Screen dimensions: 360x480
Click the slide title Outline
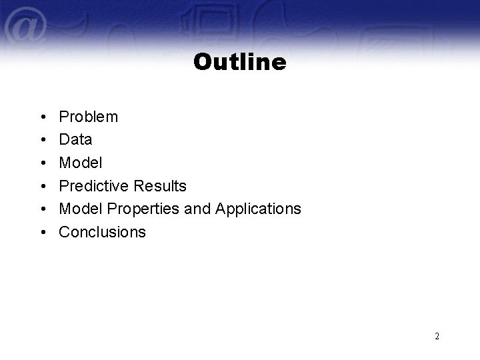pos(240,62)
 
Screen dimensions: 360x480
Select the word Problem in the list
pos(89,117)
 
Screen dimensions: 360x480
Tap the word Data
pos(75,140)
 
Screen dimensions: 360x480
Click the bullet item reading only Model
pos(81,163)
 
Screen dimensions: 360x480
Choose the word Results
pos(160,186)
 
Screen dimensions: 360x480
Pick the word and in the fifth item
pos(197,209)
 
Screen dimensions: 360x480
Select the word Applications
pos(258,209)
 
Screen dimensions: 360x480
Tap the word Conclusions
pos(102,232)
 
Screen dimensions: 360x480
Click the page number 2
pos(437,337)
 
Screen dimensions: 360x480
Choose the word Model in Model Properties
pos(81,209)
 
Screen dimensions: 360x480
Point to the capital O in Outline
pos(202,63)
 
